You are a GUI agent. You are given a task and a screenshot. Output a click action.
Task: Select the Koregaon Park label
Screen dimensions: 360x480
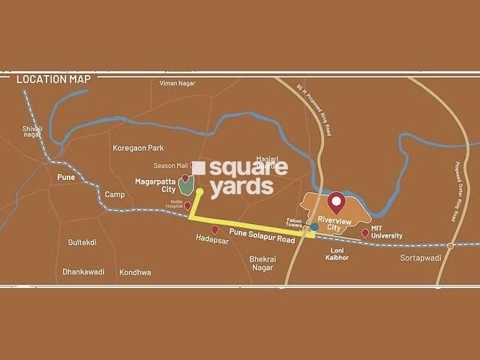point(137,148)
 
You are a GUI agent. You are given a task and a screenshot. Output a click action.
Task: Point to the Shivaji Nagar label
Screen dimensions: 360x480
point(33,132)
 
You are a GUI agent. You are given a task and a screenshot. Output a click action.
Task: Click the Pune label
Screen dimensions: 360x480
point(65,177)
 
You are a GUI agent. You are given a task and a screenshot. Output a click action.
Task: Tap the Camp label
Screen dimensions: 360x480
point(115,194)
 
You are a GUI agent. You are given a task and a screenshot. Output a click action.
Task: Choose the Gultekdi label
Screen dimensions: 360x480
point(82,243)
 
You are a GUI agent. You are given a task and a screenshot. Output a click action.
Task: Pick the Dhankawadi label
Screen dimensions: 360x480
point(83,272)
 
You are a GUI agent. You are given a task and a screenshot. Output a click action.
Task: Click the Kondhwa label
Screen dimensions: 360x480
point(135,272)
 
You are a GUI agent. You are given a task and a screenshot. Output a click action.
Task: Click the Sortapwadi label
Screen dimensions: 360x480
point(419,257)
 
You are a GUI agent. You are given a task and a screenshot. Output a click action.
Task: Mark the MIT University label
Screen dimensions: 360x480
point(387,231)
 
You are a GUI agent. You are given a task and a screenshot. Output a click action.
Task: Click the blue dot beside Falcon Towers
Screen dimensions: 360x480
point(314,226)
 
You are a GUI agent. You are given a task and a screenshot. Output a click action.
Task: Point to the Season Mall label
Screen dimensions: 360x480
point(170,165)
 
